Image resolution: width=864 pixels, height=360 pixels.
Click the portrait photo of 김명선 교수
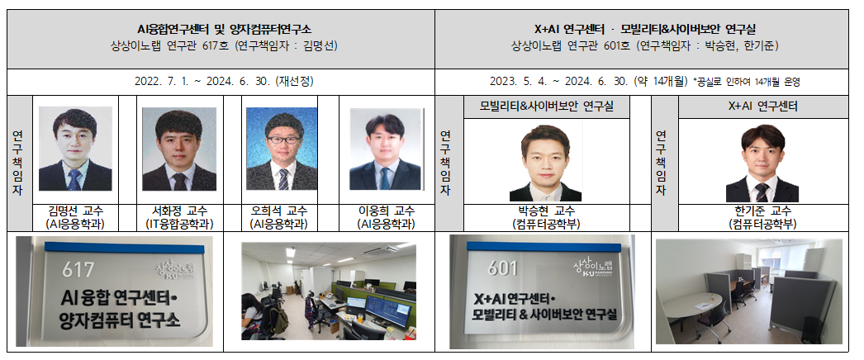pyautogui.click(x=75, y=149)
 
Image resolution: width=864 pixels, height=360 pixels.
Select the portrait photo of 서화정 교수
pyautogui.click(x=179, y=149)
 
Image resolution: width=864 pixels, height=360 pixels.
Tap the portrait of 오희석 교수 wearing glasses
pyautogui.click(x=281, y=149)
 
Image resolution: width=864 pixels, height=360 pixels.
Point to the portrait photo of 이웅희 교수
pyautogui.click(x=386, y=149)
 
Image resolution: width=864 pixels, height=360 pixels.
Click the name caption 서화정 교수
pyautogui.click(x=179, y=211)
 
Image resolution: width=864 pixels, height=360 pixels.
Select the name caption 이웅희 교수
pyautogui.click(x=386, y=211)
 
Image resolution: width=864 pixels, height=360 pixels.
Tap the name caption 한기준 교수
pyautogui.click(x=758, y=211)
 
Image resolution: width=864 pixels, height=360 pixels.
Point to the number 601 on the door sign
pyautogui.click(x=503, y=268)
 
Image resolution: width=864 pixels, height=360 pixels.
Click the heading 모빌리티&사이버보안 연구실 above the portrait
pyautogui.click(x=546, y=107)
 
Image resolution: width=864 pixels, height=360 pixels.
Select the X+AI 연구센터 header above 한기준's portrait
pyautogui.click(x=758, y=107)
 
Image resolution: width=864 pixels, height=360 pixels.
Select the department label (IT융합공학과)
pyautogui.click(x=179, y=224)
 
